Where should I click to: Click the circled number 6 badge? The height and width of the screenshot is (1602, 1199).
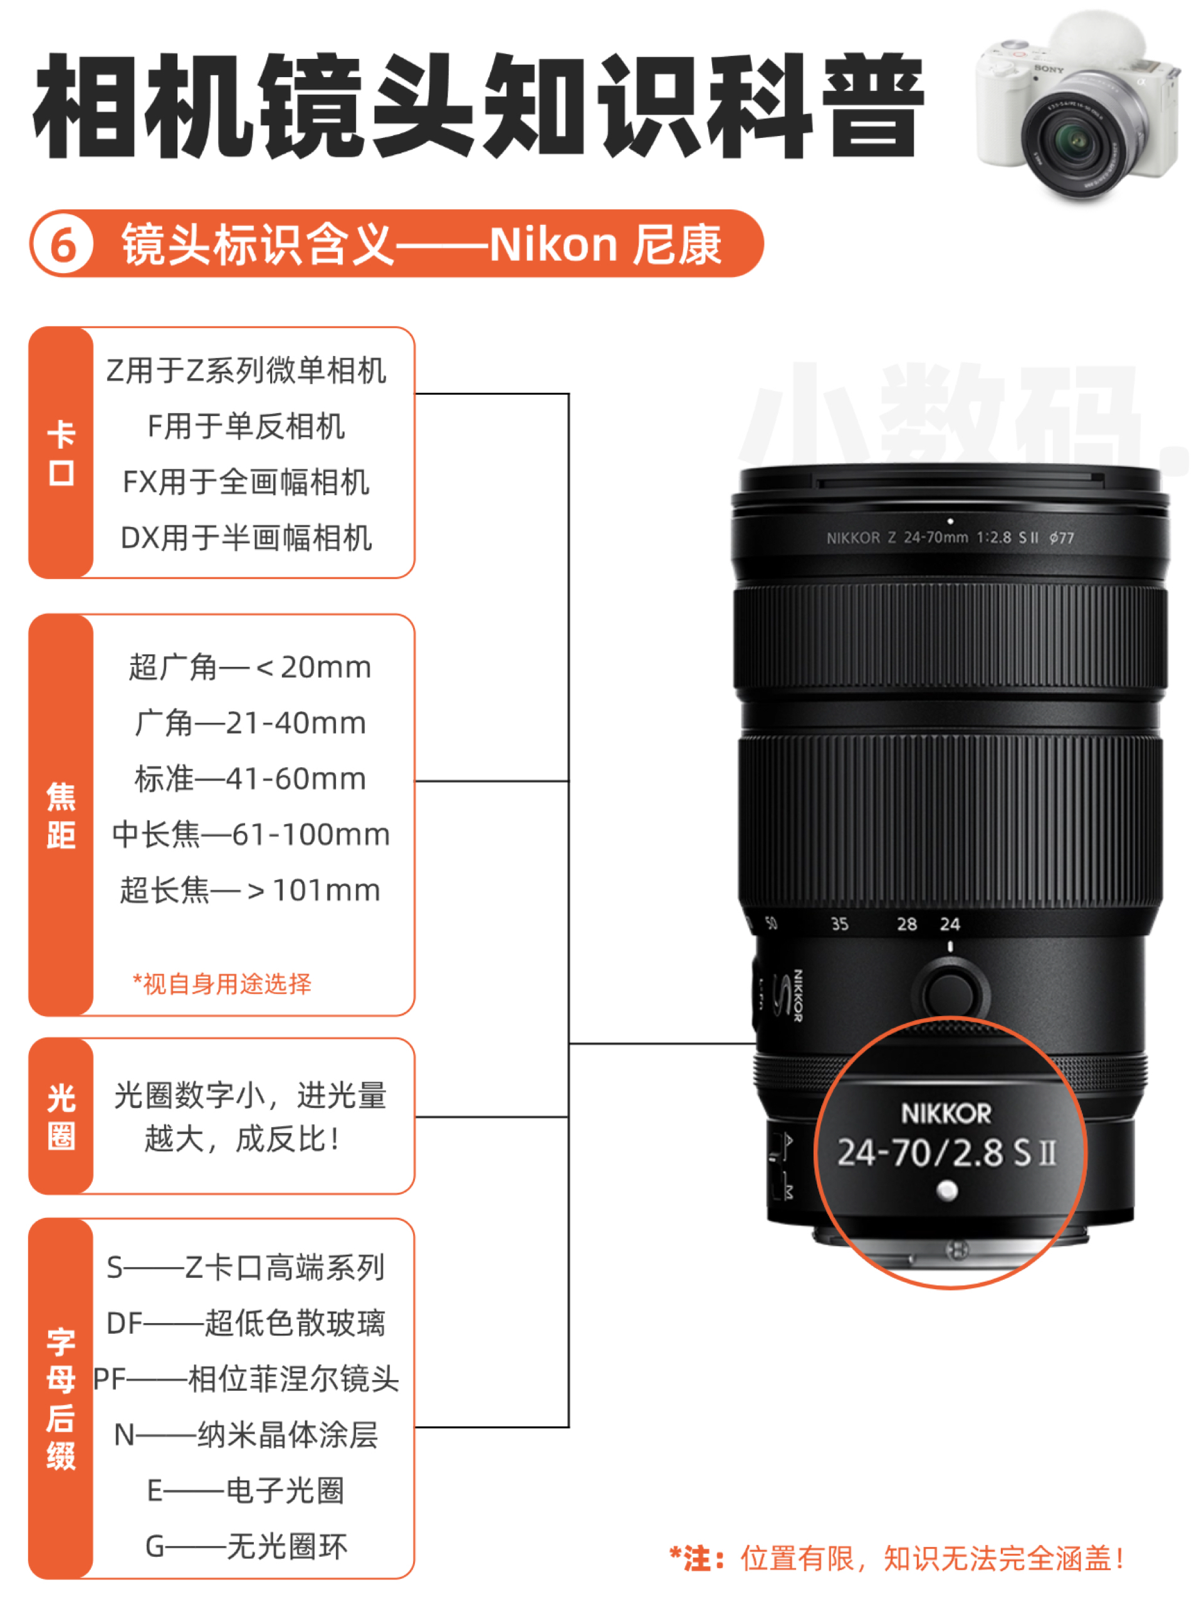pos(63,244)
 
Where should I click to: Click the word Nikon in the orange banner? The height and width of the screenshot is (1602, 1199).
pos(553,244)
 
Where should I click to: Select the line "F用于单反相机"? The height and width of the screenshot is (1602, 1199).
pos(246,426)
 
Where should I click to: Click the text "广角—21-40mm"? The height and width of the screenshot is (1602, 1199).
pos(250,723)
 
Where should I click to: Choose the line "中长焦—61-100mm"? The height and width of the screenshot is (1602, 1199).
pos(251,834)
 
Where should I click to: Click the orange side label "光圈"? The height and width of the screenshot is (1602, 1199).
pos(61,1117)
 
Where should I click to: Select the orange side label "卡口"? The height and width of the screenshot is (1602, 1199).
pos(61,453)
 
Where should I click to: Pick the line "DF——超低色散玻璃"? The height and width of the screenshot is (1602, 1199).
pos(246,1323)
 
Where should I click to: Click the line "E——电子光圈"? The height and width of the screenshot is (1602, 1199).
pos(246,1490)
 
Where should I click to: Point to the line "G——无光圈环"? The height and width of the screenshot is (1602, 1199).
pos(246,1546)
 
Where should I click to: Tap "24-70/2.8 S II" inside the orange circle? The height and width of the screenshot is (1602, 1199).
pos(946,1152)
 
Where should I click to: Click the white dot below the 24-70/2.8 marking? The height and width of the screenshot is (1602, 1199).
pos(947,1190)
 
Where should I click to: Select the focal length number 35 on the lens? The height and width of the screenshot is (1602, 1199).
pos(839,924)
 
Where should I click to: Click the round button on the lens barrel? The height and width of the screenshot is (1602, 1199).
pos(950,992)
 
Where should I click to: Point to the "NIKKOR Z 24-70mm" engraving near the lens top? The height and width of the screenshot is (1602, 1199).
pos(898,537)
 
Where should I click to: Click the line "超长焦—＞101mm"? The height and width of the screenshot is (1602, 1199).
pos(250,890)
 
